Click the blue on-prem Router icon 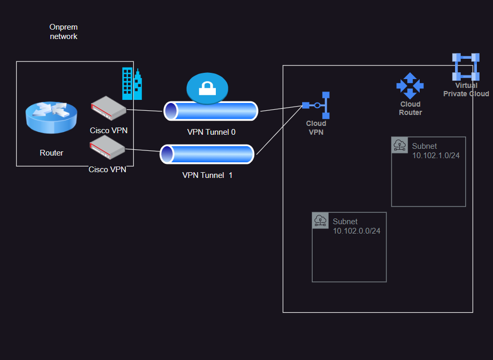pyautogui.click(x=51, y=118)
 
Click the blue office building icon pyautogui.click(x=132, y=84)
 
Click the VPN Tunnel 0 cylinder pyautogui.click(x=211, y=111)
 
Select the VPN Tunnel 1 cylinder pyautogui.click(x=207, y=155)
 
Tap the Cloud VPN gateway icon pyautogui.click(x=317, y=106)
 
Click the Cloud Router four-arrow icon pyautogui.click(x=410, y=86)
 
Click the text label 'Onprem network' pyautogui.click(x=63, y=31)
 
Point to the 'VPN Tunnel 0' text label pyautogui.click(x=211, y=132)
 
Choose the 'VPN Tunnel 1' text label pyautogui.click(x=207, y=175)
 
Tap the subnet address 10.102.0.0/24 pyautogui.click(x=356, y=231)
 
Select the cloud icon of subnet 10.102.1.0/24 pyautogui.click(x=400, y=145)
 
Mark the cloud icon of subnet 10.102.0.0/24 pyautogui.click(x=320, y=221)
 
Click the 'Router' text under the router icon pyautogui.click(x=51, y=153)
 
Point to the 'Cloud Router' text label pyautogui.click(x=410, y=108)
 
